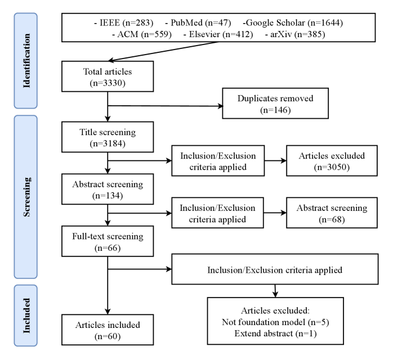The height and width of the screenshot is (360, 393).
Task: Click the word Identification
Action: pos(26,61)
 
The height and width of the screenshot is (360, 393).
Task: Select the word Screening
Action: pos(26,197)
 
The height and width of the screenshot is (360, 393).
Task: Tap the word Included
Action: pos(26,316)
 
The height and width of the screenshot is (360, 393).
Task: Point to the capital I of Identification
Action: pos(26,86)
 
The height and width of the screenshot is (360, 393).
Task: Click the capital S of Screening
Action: pos(26,214)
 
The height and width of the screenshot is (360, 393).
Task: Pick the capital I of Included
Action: pos(26,331)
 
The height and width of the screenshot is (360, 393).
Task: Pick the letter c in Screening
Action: pos(26,209)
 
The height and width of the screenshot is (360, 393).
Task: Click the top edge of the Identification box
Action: pos(26,13)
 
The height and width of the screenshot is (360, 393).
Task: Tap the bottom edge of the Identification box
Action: pos(26,108)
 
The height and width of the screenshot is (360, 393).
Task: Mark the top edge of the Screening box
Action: pos(26,116)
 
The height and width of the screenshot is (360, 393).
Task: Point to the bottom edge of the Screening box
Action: pos(26,278)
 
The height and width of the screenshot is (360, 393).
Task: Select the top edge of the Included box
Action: pos(26,285)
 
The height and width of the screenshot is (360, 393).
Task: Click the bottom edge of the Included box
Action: pos(26,346)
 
